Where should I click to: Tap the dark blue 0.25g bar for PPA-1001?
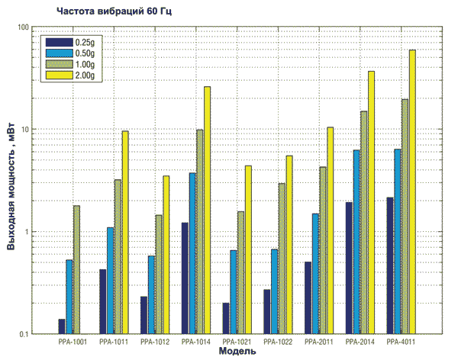[x=61, y=326]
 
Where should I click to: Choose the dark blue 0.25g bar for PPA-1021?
[x=226, y=318]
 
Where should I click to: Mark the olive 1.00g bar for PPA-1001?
[x=76, y=270]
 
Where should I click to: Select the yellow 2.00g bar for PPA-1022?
[x=289, y=245]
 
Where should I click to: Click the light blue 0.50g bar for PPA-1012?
[x=151, y=294]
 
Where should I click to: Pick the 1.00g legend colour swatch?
[x=59, y=64]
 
